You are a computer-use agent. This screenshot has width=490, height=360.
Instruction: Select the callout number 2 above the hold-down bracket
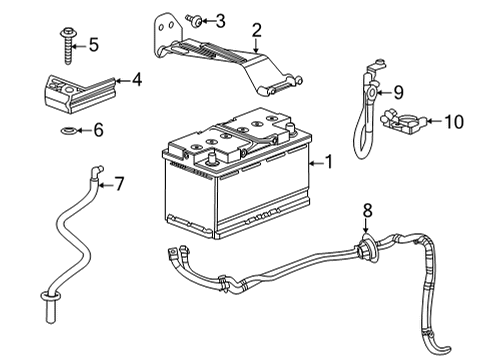[256, 30]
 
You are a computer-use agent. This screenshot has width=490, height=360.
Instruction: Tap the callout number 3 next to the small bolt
[220, 20]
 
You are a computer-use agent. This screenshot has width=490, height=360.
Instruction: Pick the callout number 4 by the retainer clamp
[137, 80]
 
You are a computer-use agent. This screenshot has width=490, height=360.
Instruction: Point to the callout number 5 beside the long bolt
[94, 45]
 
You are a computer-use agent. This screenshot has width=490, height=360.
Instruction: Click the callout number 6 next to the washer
[97, 130]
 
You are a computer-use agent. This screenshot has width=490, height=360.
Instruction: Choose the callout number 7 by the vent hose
[118, 183]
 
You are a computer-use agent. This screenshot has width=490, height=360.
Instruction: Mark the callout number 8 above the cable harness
[368, 210]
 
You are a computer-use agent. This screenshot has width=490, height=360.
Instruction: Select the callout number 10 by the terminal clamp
[453, 122]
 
